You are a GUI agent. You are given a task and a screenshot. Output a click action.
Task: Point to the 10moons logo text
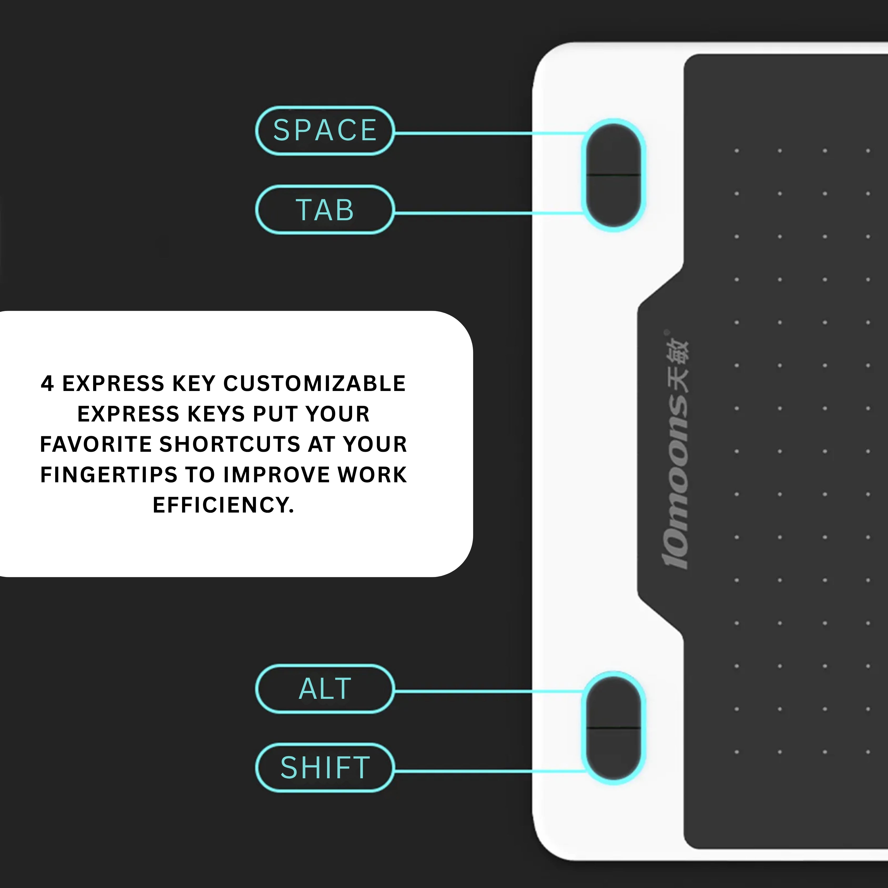click(x=676, y=483)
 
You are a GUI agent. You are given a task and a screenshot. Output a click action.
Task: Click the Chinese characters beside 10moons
click(x=676, y=365)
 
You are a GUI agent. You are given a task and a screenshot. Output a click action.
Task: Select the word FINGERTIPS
click(x=109, y=475)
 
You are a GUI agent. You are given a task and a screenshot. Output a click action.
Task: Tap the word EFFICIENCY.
click(x=223, y=505)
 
